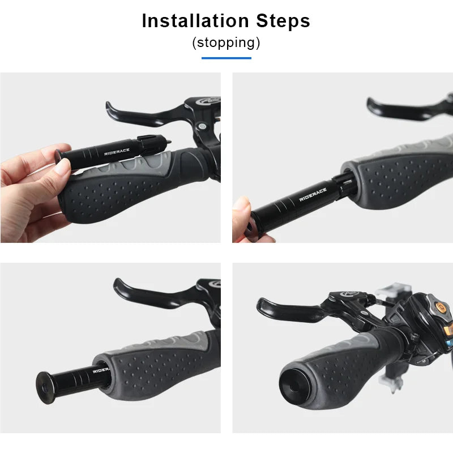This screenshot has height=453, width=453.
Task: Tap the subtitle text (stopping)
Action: pyautogui.click(x=226, y=42)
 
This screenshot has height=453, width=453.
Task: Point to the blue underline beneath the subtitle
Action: pyautogui.click(x=226, y=57)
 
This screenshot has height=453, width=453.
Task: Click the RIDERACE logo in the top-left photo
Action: pyautogui.click(x=117, y=151)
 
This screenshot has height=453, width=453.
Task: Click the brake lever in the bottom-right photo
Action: pyautogui.click(x=289, y=309)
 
